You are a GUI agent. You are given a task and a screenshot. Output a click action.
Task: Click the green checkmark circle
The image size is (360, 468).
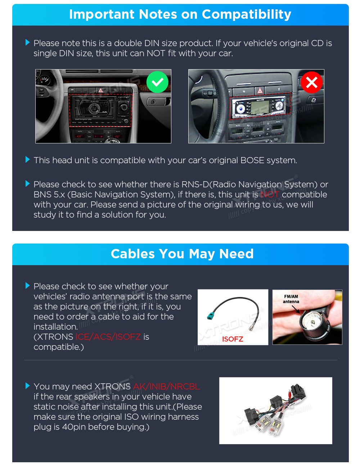click(157, 82)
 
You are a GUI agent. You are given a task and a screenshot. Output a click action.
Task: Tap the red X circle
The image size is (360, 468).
click(311, 83)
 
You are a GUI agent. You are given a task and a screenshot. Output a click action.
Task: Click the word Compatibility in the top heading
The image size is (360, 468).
click(246, 14)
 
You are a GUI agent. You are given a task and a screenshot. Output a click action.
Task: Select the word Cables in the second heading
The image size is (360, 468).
click(132, 254)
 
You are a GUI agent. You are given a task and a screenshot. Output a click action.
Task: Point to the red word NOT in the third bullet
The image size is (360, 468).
click(270, 195)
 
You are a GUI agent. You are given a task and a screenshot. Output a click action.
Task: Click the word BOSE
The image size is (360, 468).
click(252, 160)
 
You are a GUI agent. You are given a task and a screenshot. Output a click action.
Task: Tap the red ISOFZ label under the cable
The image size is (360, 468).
click(233, 339)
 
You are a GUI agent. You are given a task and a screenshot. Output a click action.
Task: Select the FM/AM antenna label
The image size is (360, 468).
click(291, 299)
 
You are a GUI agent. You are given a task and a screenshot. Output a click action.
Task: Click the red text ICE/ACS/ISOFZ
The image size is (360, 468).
click(108, 336)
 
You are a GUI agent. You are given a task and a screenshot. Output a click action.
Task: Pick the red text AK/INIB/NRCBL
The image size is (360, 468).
click(166, 386)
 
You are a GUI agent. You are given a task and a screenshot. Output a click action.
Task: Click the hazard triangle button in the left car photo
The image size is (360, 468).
click(100, 90)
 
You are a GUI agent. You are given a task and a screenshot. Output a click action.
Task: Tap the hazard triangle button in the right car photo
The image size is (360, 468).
click(260, 90)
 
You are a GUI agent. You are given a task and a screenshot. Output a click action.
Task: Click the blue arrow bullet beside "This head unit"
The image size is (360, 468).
click(28, 160)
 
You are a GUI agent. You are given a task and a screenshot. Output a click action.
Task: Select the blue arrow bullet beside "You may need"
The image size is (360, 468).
click(28, 386)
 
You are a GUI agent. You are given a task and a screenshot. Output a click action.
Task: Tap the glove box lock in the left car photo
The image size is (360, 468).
click(153, 102)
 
